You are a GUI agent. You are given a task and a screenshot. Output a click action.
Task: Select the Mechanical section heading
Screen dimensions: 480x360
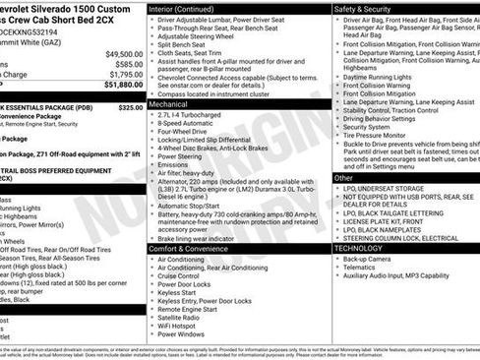point(168,103)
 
